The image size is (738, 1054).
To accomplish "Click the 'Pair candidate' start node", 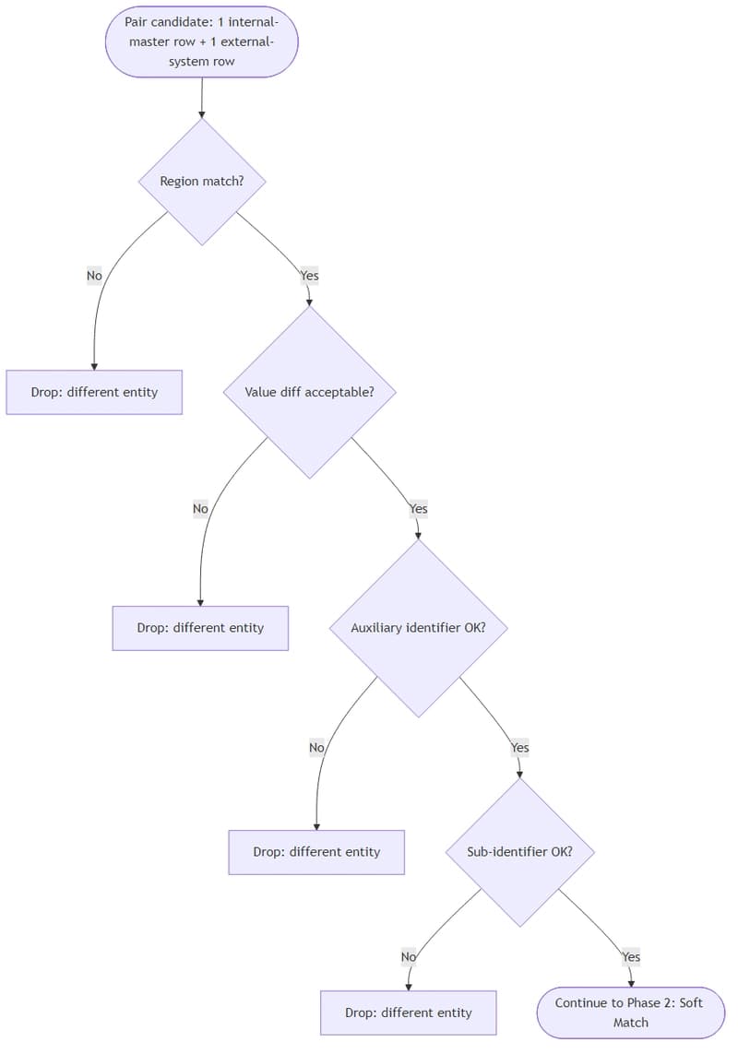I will pyautogui.click(x=202, y=41).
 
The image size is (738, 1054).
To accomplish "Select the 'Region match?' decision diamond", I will pyautogui.click(x=202, y=182).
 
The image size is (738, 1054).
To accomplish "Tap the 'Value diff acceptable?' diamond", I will pyautogui.click(x=309, y=392).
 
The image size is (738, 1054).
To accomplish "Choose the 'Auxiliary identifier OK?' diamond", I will pyautogui.click(x=418, y=628).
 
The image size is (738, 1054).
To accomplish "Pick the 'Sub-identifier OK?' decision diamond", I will pyautogui.click(x=519, y=852).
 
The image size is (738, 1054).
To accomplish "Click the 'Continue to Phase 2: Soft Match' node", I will pyautogui.click(x=630, y=1013).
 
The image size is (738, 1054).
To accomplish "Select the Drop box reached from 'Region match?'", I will pyautogui.click(x=94, y=392).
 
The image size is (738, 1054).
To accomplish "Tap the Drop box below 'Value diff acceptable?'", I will pyautogui.click(x=200, y=628).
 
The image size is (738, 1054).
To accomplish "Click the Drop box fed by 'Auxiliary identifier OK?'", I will pyautogui.click(x=316, y=852).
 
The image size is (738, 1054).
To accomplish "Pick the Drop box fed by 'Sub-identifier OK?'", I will pyautogui.click(x=408, y=1013).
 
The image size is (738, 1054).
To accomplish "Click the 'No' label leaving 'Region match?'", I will pyautogui.click(x=94, y=276).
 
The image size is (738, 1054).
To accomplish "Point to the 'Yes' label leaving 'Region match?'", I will pyautogui.click(x=309, y=276).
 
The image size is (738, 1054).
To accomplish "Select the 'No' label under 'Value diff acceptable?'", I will pyautogui.click(x=200, y=508).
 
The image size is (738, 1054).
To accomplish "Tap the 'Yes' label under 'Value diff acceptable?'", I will pyautogui.click(x=418, y=508).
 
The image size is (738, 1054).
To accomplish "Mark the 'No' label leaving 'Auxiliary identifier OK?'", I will pyautogui.click(x=316, y=748).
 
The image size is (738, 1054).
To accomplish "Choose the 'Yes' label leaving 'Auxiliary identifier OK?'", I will pyautogui.click(x=519, y=748).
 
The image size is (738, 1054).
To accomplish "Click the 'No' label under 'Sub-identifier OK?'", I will pyautogui.click(x=408, y=957).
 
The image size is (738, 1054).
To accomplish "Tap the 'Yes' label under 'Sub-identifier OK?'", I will pyautogui.click(x=630, y=957).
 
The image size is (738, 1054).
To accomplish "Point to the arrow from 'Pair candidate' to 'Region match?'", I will pyautogui.click(x=202, y=98).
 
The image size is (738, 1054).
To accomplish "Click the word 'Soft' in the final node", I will pyautogui.click(x=688, y=1003).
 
